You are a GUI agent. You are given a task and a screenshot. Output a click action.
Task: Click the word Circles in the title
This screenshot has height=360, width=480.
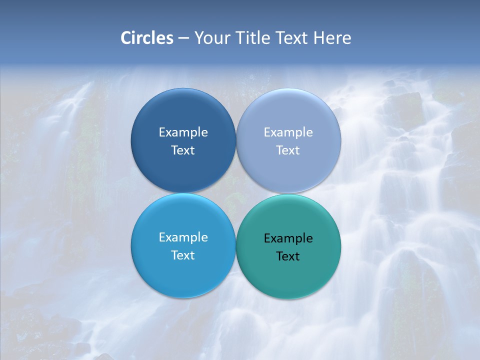[x=147, y=38]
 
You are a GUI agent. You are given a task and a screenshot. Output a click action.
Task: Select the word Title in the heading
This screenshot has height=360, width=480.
[x=255, y=38]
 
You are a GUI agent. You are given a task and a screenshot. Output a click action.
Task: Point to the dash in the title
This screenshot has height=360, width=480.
[x=183, y=38]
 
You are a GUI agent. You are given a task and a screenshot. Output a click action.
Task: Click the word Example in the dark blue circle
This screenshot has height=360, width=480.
[x=183, y=132]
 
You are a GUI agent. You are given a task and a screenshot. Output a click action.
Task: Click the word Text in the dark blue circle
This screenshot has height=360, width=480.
[x=183, y=150]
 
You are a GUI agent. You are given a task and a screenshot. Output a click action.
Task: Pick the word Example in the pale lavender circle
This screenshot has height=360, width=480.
[x=288, y=132]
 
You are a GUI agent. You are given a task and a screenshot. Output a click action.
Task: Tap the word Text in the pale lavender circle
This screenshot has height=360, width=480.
[x=288, y=150]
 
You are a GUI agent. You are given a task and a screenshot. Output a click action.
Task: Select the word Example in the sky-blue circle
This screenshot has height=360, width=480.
[x=183, y=237]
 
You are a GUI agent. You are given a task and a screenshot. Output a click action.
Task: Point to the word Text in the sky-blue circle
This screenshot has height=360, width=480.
[x=183, y=255]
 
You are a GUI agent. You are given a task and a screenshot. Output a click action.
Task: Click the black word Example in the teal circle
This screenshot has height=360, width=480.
[x=288, y=238]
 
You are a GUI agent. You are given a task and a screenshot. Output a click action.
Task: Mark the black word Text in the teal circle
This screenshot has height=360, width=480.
[x=288, y=256]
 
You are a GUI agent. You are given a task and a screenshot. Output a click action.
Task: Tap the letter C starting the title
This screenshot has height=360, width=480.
[x=126, y=38]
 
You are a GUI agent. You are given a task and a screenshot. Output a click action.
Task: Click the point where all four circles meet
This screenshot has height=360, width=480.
[x=236, y=193]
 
